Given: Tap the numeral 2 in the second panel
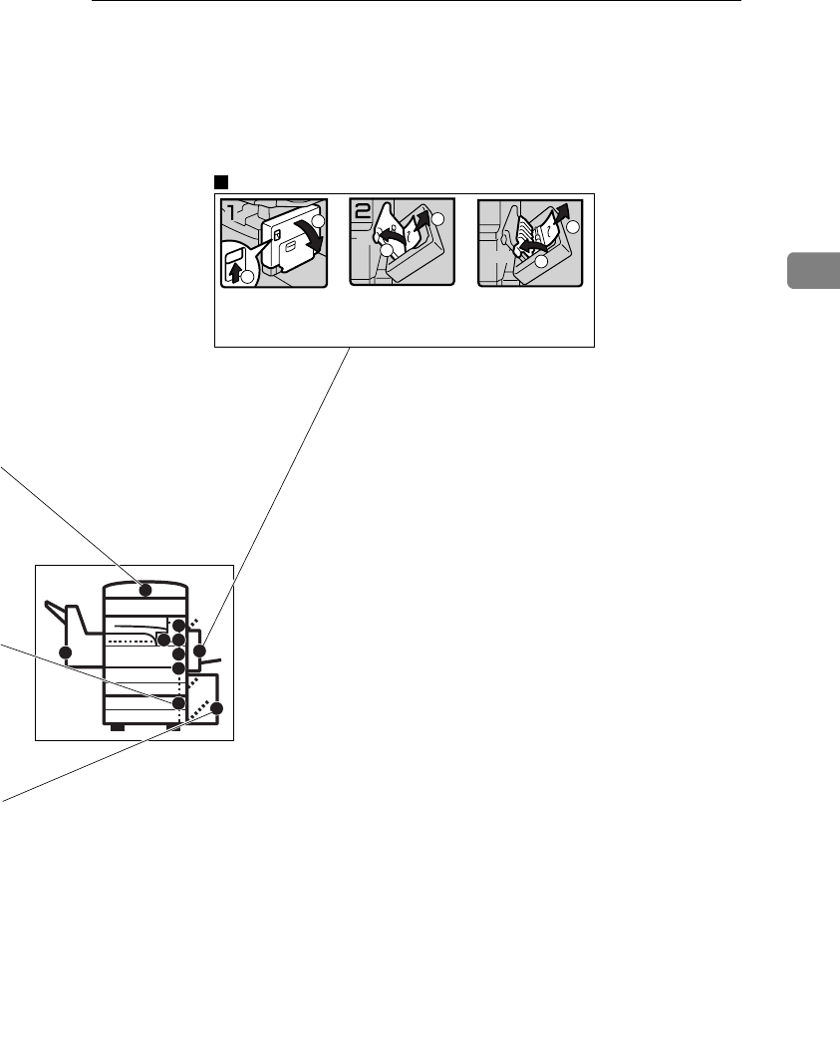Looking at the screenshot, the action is (x=361, y=213).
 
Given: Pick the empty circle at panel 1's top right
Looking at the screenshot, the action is (x=318, y=220).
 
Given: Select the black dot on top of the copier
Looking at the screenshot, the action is (x=145, y=590).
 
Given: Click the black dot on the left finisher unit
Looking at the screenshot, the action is (x=67, y=652).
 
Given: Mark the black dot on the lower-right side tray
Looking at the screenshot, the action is (x=218, y=708).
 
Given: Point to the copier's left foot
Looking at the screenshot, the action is (x=117, y=728).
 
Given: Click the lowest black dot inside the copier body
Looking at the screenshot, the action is (x=179, y=703).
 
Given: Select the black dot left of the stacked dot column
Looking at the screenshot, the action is (x=162, y=639).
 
